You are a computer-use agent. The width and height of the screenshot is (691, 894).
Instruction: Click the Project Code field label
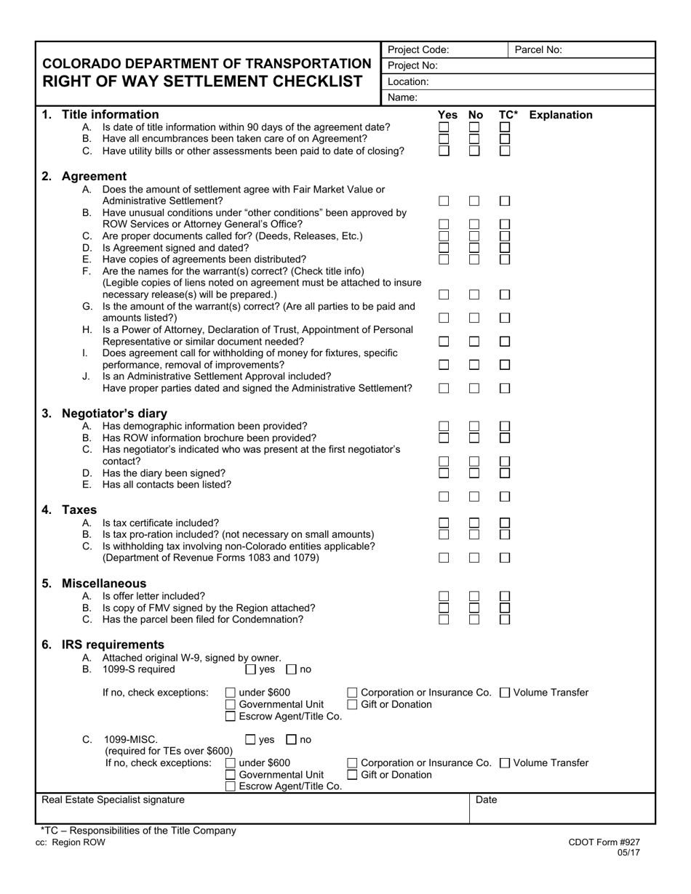[x=418, y=50]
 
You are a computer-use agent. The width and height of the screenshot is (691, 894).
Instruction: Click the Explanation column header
[x=560, y=115]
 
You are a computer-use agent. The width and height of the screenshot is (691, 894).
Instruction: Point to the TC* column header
[x=508, y=115]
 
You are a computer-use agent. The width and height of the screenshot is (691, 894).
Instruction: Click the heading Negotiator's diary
[x=114, y=414]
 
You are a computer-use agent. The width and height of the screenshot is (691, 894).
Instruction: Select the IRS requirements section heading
[x=113, y=645]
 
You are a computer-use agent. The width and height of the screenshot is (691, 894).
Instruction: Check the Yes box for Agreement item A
[x=444, y=201]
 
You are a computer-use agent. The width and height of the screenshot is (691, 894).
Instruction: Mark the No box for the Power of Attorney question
[x=474, y=342]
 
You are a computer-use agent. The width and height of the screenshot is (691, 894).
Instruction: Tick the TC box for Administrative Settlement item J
[x=505, y=389]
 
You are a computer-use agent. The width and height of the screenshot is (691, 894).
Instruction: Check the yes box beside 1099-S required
[x=251, y=669]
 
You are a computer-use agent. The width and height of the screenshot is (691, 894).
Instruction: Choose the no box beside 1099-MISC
[x=292, y=740]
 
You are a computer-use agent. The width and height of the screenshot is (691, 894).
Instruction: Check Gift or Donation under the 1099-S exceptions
[x=353, y=704]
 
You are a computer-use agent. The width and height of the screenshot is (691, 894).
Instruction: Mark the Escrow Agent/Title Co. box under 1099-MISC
[x=231, y=786]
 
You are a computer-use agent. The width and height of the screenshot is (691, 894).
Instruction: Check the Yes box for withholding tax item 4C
[x=444, y=558]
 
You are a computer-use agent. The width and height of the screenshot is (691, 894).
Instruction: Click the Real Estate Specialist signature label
[x=113, y=800]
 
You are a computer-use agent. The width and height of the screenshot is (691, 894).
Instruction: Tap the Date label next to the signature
[x=486, y=800]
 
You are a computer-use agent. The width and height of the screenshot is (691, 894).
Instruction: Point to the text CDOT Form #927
[x=604, y=842]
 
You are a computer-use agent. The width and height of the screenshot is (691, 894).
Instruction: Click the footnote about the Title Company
[x=138, y=830]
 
